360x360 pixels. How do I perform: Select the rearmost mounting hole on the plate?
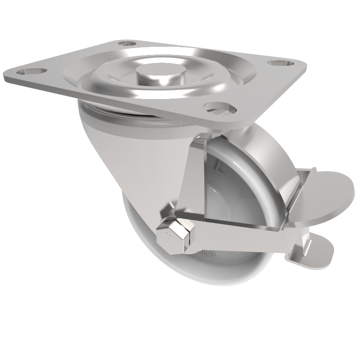[127, 45]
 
